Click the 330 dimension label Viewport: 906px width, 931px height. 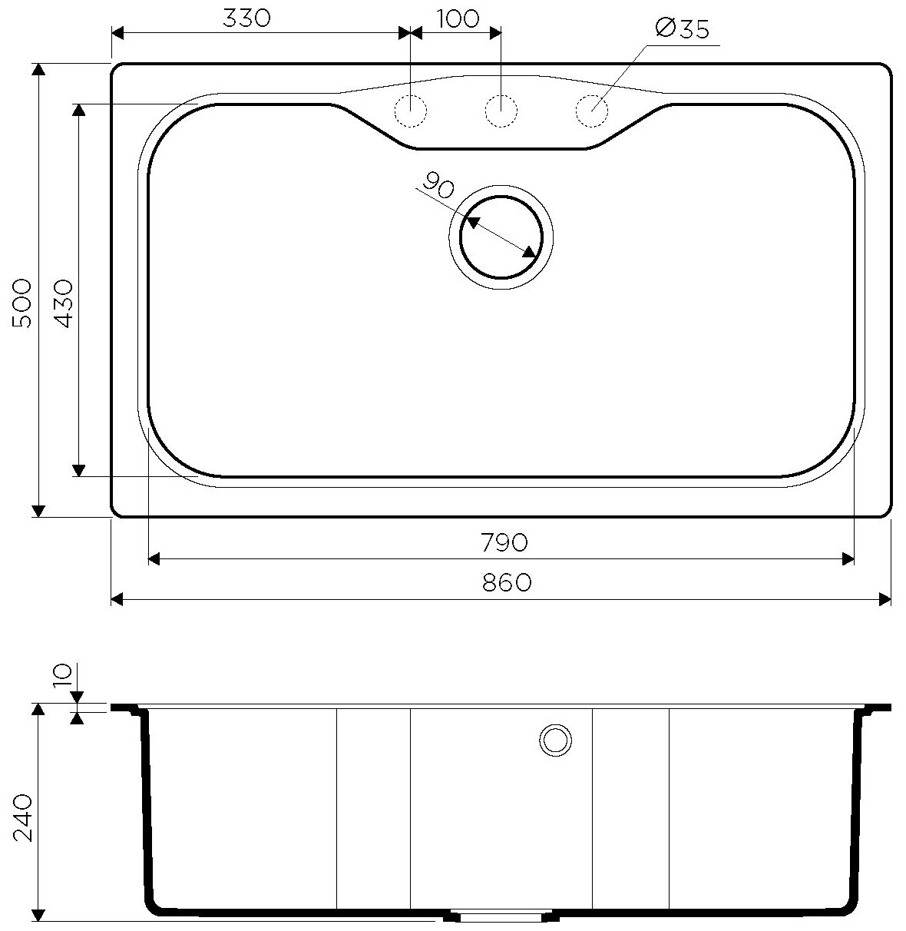pos(246,18)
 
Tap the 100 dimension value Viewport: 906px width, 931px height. pos(458,18)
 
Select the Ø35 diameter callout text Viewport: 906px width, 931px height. pos(683,29)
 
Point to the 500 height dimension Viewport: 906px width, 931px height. pos(22,303)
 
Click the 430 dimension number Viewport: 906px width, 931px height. pos(64,303)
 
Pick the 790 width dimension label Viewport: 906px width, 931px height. pos(504,542)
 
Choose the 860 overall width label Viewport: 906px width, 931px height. pos(506,583)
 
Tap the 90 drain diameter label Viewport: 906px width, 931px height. pos(438,185)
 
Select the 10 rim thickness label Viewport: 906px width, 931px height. pos(64,675)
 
